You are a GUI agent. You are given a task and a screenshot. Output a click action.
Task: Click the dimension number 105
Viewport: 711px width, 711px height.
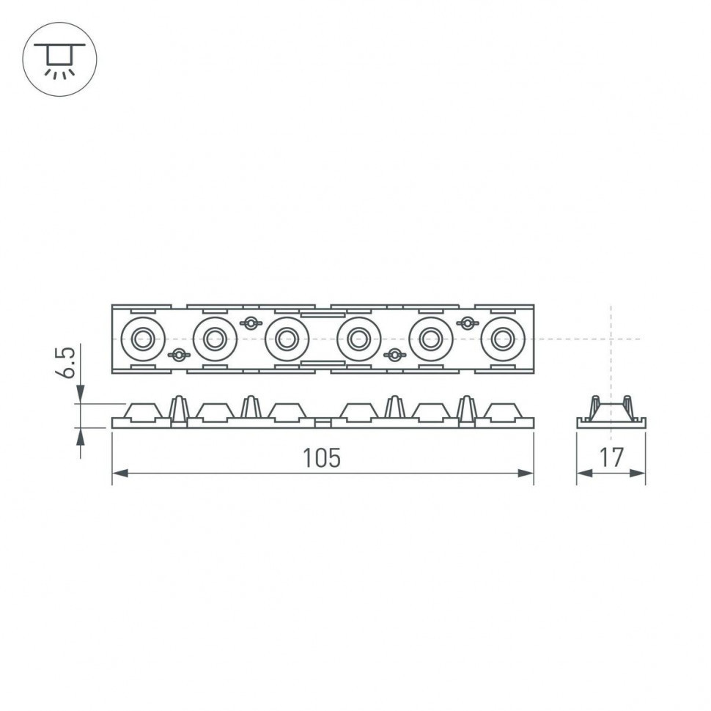click(x=322, y=458)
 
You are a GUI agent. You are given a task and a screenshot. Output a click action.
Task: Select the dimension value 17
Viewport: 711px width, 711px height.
click(x=611, y=458)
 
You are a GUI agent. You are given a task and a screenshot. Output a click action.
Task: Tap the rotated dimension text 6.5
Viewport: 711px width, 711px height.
click(x=66, y=364)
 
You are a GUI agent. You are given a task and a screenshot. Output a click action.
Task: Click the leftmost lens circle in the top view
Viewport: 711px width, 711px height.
click(x=143, y=339)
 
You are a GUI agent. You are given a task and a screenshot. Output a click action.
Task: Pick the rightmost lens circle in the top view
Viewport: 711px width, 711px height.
click(x=503, y=339)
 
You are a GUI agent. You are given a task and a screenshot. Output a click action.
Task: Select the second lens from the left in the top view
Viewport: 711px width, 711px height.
click(x=215, y=339)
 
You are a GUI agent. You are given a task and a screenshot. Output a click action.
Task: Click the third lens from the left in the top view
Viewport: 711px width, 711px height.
click(x=287, y=339)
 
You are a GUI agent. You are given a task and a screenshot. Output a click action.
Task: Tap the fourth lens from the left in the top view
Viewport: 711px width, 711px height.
click(x=358, y=339)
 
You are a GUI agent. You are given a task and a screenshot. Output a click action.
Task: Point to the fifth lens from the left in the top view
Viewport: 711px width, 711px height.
click(x=431, y=339)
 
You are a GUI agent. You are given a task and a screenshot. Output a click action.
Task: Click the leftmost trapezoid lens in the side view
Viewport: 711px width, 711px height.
click(x=144, y=412)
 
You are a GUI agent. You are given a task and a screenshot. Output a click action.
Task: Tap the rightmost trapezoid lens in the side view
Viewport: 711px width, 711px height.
click(x=503, y=412)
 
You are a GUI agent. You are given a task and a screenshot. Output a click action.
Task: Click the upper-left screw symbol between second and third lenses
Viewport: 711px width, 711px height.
click(x=251, y=323)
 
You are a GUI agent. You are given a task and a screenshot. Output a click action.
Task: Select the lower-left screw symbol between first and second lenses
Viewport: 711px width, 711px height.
click(x=179, y=355)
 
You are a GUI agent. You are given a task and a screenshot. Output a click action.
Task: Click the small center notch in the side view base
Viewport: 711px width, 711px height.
click(x=323, y=423)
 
